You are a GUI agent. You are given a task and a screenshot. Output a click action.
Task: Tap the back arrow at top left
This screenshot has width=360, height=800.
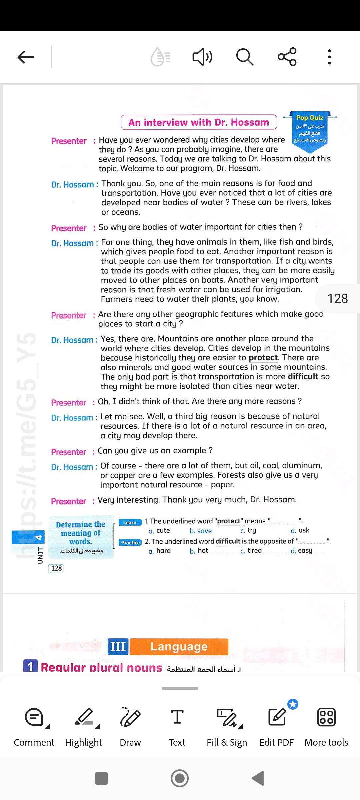(26, 57)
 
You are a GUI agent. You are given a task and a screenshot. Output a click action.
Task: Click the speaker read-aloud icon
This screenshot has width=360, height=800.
(202, 57)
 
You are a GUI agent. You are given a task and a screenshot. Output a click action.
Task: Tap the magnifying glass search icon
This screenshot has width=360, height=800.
(245, 57)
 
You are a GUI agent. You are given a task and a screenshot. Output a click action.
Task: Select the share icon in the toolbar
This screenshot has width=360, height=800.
(287, 57)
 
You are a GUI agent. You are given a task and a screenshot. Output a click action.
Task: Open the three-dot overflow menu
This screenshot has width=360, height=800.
(329, 57)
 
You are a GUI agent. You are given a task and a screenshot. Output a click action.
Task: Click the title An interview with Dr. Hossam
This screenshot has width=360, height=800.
(199, 122)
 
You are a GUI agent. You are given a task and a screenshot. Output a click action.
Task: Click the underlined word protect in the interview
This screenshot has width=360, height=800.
(263, 358)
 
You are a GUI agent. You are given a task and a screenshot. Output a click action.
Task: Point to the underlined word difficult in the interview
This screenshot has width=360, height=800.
(303, 377)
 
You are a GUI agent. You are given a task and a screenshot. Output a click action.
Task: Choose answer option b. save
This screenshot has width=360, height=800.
(201, 531)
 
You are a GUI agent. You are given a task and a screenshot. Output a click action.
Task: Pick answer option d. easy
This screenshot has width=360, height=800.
(301, 551)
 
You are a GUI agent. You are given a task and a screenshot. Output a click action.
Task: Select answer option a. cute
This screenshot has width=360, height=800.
(159, 531)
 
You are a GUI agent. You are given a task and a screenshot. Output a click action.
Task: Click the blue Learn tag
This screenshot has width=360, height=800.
(130, 522)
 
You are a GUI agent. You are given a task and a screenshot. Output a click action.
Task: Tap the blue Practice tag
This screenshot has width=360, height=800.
(130, 543)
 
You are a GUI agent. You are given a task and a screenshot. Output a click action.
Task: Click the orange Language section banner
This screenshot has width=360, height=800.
(179, 646)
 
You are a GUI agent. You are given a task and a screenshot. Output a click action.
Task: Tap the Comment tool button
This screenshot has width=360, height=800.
(34, 727)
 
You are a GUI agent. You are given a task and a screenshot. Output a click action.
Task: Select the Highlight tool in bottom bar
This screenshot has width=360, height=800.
(84, 727)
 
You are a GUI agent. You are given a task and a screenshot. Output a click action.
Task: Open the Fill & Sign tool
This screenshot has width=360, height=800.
(227, 727)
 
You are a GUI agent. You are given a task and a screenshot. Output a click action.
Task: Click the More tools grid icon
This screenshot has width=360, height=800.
(326, 727)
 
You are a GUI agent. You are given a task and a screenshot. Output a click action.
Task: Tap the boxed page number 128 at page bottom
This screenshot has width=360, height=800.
(56, 568)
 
